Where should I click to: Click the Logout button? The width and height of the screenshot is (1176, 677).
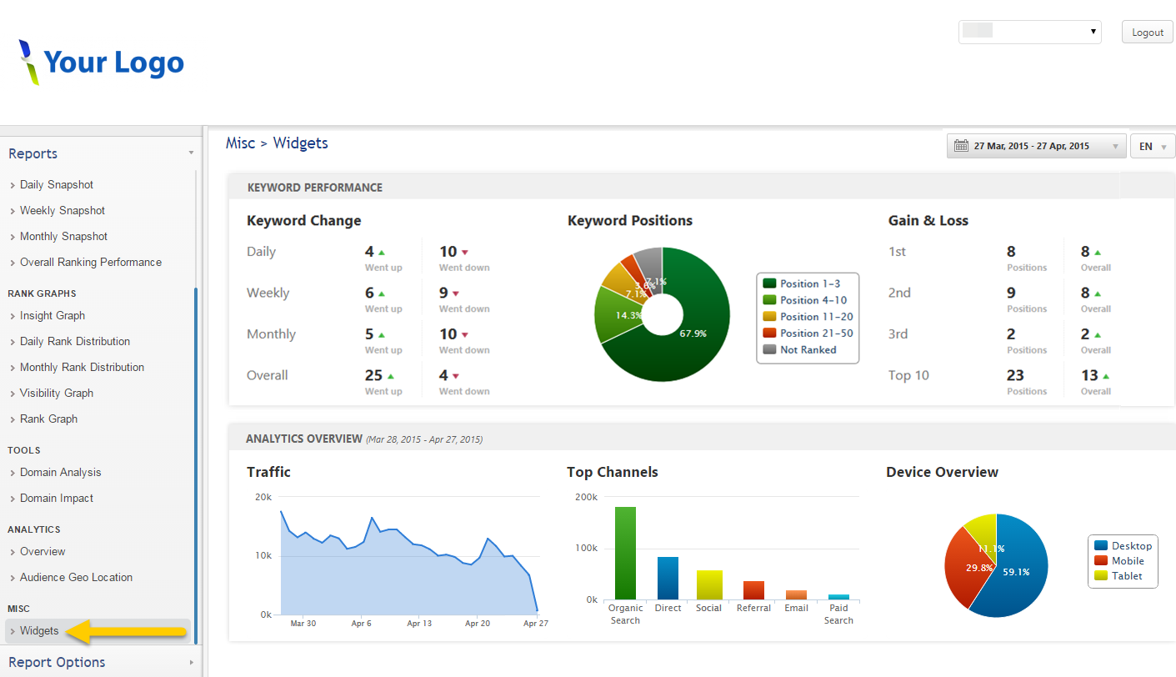pos(1147,33)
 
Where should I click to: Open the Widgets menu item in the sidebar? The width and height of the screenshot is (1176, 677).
pos(39,631)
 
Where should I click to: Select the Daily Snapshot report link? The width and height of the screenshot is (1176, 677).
pos(57,185)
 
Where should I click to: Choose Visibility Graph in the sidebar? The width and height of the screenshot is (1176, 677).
pos(57,394)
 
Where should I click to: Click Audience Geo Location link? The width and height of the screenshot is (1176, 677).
pos(76,578)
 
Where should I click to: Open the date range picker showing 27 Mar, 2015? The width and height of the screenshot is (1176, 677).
pos(1036,146)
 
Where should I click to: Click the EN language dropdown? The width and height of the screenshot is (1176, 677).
pos(1152,146)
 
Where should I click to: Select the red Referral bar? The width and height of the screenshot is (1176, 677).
pos(753,590)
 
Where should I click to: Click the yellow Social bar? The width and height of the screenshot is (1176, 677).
pos(709,584)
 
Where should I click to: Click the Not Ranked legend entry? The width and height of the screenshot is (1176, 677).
pos(807,350)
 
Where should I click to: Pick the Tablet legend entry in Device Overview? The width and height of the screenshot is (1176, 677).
pos(1126,576)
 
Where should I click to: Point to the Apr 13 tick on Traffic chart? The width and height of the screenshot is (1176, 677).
pos(419,623)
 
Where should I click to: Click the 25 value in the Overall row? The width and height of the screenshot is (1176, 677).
pos(373,375)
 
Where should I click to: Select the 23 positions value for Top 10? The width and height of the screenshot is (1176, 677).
pos(1014,375)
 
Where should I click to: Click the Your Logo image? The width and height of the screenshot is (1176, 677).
pos(101,63)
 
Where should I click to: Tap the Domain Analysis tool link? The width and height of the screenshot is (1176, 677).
pos(60,473)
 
